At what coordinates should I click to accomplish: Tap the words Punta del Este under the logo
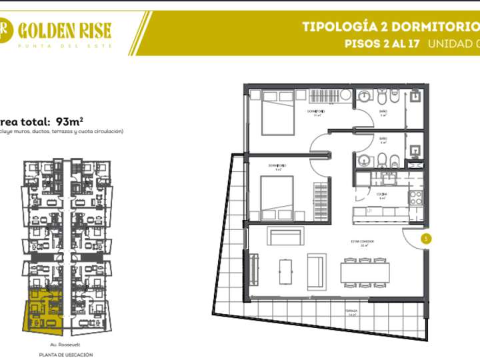click(64, 45)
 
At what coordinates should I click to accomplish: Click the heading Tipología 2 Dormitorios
click(390, 27)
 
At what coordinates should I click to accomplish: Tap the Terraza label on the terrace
click(351, 311)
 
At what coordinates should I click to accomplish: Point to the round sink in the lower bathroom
click(363, 161)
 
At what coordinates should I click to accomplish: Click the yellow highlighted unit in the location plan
click(45, 311)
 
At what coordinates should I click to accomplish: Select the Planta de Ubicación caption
click(65, 355)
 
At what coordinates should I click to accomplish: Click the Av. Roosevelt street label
click(65, 344)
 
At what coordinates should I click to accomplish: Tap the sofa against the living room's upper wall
click(285, 235)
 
